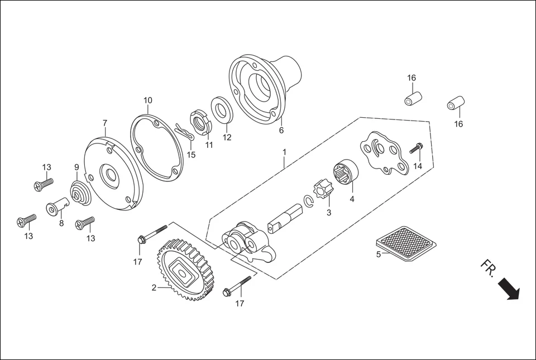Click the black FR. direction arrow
pos(509,289)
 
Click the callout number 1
pos(284,152)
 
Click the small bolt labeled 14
pos(415,148)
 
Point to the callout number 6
pos(281,131)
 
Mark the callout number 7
pos(104,123)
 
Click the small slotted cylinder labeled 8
pos(56,208)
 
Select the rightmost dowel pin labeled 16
pos(456,104)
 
